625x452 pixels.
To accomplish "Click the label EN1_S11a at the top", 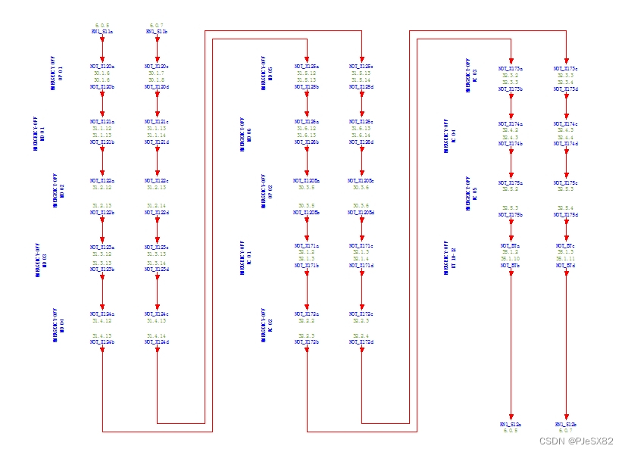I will pyautogui.click(x=102, y=32).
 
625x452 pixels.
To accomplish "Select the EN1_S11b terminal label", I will pyautogui.click(x=157, y=32).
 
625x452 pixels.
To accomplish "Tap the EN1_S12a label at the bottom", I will pyautogui.click(x=511, y=425).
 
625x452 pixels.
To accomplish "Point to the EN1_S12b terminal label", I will pyautogui.click(x=566, y=425).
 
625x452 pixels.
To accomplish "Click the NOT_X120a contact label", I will pyautogui.click(x=102, y=67).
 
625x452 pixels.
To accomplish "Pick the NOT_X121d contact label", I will pyautogui.click(x=157, y=142).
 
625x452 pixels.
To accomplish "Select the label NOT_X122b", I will pyautogui.click(x=102, y=213).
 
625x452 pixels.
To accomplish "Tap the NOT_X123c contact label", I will pyautogui.click(x=157, y=247).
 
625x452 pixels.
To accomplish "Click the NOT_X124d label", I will pyautogui.click(x=157, y=342).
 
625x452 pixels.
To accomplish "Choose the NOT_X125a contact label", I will pyautogui.click(x=307, y=67).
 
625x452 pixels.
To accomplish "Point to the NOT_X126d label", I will pyautogui.click(x=361, y=142).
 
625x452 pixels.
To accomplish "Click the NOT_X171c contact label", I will pyautogui.click(x=361, y=245).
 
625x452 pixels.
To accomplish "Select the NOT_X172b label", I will pyautogui.click(x=307, y=342).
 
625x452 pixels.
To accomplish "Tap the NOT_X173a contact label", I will pyautogui.click(x=511, y=68).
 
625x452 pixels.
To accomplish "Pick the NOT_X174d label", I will pyautogui.click(x=566, y=144).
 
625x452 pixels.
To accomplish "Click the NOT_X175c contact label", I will pyautogui.click(x=566, y=182).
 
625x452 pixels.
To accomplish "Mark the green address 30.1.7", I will pyautogui.click(x=157, y=73).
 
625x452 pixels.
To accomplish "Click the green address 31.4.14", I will pyautogui.click(x=157, y=335).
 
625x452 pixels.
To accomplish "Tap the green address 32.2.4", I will pyautogui.click(x=361, y=335).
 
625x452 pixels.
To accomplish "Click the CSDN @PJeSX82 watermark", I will pyautogui.click(x=576, y=441).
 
